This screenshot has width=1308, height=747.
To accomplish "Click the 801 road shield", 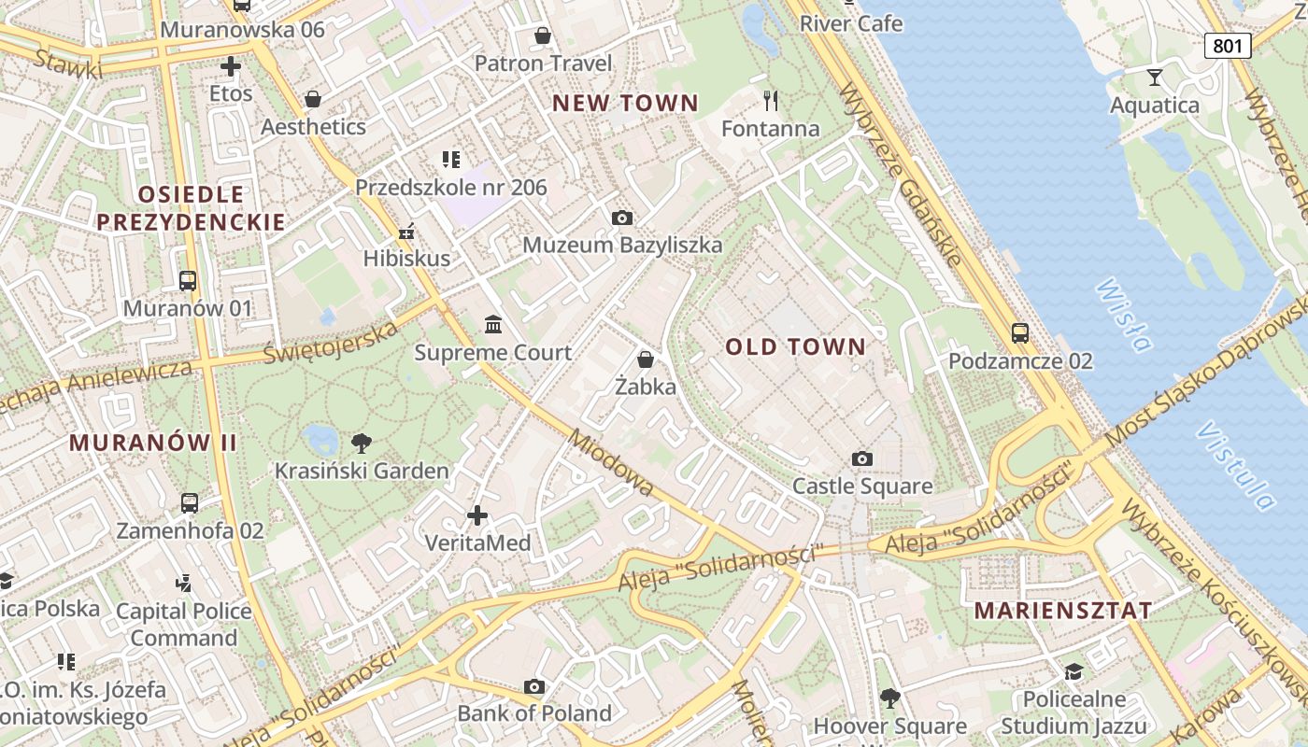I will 1227,45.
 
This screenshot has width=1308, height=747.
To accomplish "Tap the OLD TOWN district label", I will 796,347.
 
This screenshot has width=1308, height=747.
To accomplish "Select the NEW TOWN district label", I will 625,104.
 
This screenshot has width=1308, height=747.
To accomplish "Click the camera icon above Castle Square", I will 862,458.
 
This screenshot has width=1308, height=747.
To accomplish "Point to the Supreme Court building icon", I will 493,324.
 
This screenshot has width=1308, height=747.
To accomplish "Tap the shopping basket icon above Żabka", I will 645,359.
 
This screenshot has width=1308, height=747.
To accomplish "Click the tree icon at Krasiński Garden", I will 361,443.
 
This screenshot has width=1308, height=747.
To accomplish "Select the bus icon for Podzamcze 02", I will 1020,332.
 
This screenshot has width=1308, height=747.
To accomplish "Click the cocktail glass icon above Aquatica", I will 1155,77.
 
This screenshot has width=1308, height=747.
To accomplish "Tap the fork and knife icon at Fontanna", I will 771,100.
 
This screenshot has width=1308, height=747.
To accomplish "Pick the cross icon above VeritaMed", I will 477,515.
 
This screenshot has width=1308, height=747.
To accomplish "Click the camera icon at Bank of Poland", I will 534,687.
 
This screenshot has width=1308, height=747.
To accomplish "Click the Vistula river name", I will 1236,466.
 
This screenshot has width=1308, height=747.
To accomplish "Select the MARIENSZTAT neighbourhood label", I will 1063,611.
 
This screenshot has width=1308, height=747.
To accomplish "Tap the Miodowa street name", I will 611,464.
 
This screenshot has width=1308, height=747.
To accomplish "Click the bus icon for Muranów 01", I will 188,280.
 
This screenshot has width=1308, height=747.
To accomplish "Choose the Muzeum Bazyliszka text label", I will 622,246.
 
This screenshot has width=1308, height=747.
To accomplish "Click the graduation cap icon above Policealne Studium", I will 1073,672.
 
